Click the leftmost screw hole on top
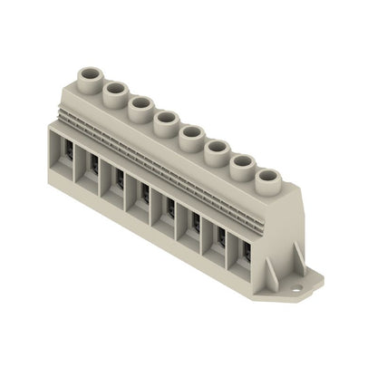point(91,72)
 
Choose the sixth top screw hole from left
point(217,149)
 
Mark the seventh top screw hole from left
point(242,164)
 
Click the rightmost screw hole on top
point(267,179)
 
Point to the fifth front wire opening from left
point(169,210)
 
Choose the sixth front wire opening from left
point(194,226)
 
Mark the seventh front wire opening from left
point(219,241)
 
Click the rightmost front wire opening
point(245,256)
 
